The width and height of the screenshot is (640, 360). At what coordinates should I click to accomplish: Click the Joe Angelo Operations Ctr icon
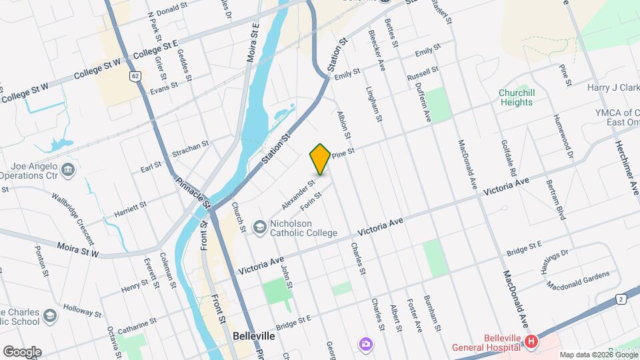[67, 171]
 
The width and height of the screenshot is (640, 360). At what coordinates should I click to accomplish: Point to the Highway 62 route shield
[135, 76]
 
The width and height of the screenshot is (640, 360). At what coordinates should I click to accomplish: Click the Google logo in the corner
[22, 351]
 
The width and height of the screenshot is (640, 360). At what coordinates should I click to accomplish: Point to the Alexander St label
[297, 192]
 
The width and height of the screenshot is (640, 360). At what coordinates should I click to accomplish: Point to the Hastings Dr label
[555, 259]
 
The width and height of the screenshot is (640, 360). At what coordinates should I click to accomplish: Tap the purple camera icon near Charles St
[365, 344]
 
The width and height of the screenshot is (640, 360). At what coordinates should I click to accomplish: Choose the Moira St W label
[77, 250]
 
